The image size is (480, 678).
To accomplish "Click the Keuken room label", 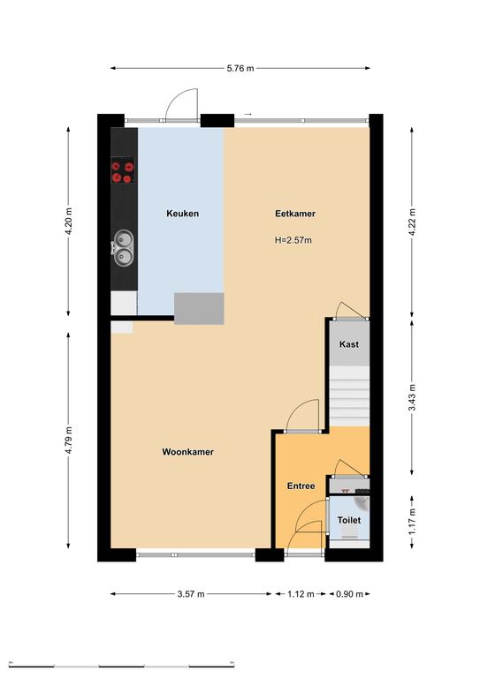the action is [183, 214].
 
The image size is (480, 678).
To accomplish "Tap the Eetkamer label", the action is [295, 214].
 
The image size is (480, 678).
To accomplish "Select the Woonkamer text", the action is [187, 452].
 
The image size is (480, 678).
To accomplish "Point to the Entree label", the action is [301, 486].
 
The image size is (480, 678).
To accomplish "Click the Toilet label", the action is [349, 520].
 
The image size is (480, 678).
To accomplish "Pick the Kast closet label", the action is [349, 344].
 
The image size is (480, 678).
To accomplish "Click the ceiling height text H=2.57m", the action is [293, 240].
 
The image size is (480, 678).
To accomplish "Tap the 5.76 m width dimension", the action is [240, 68].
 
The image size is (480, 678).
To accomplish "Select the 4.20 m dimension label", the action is [69, 222].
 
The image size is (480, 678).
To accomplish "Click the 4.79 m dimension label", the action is [69, 441].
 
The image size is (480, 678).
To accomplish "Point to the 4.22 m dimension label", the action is [412, 222].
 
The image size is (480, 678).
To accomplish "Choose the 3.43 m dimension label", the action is [412, 397].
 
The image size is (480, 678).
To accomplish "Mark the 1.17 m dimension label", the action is [412, 521].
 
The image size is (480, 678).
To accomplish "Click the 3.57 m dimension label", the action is [191, 594].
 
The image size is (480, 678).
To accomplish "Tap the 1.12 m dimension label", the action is [301, 594].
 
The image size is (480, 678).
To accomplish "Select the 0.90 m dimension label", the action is [350, 594].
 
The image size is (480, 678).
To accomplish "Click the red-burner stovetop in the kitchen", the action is [123, 170].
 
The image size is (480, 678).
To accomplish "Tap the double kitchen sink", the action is [124, 248].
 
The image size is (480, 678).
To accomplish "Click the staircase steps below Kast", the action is [350, 396].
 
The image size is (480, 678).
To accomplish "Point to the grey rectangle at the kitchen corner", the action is [199, 309].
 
